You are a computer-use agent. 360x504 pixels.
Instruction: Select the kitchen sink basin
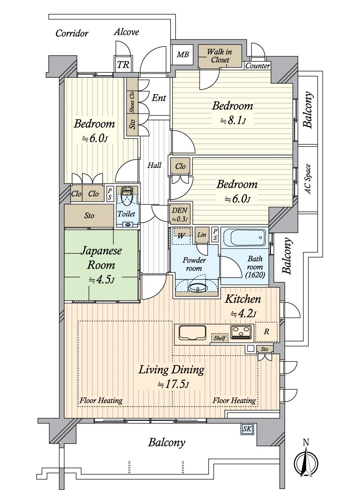pyautogui.click(x=192, y=333)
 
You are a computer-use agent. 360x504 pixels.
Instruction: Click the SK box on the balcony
pyautogui.click(x=247, y=429)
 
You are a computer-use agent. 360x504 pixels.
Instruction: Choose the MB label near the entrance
pyautogui.click(x=182, y=54)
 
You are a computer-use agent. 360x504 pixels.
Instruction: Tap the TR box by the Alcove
pyautogui.click(x=123, y=65)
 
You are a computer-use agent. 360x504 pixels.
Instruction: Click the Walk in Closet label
pyautogui.click(x=220, y=56)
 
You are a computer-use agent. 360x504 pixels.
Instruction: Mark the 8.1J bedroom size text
pyautogui.click(x=233, y=121)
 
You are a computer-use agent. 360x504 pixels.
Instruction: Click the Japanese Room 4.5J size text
pyautogui.click(x=102, y=280)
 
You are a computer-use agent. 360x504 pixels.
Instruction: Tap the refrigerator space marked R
pyautogui.click(x=266, y=332)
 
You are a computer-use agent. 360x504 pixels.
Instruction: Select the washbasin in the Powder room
pyautogui.click(x=197, y=288)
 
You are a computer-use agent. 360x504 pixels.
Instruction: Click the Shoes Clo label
pyautogui.click(x=132, y=102)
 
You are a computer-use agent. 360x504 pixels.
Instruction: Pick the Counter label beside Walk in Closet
pyautogui.click(x=258, y=66)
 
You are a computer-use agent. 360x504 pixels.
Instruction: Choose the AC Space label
pyautogui.click(x=307, y=179)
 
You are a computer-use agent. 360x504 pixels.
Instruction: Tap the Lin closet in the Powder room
pyautogui.click(x=202, y=235)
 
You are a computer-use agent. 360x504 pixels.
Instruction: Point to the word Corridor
pyautogui.click(x=72, y=33)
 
